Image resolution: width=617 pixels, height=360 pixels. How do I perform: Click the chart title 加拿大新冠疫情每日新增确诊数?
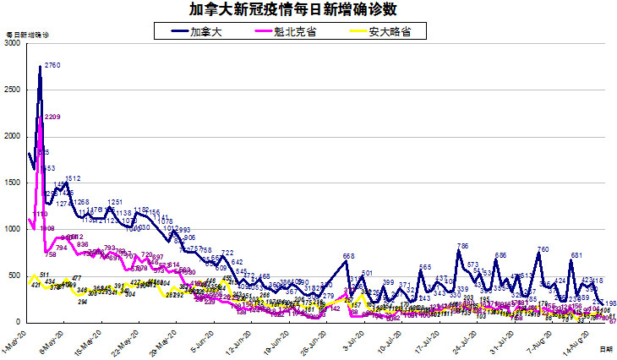(308, 9)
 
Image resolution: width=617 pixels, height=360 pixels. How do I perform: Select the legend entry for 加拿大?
(202, 31)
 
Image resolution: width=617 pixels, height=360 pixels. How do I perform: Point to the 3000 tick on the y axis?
(12, 44)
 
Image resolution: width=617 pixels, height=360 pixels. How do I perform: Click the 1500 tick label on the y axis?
(12, 183)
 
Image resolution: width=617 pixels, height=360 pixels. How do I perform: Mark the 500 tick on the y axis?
(14, 276)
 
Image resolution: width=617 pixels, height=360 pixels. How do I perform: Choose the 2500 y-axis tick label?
(12, 90)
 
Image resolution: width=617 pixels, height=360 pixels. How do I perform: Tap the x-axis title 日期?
(606, 348)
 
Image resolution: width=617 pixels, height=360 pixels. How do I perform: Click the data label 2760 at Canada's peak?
(52, 65)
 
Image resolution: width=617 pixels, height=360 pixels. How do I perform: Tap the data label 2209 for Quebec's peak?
(52, 117)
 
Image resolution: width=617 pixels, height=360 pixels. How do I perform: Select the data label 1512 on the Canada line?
(73, 178)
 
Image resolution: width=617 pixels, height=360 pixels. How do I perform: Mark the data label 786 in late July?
(462, 246)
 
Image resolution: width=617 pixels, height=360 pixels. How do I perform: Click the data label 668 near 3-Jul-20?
(348, 256)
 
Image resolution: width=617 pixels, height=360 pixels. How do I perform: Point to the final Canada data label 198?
(610, 303)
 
